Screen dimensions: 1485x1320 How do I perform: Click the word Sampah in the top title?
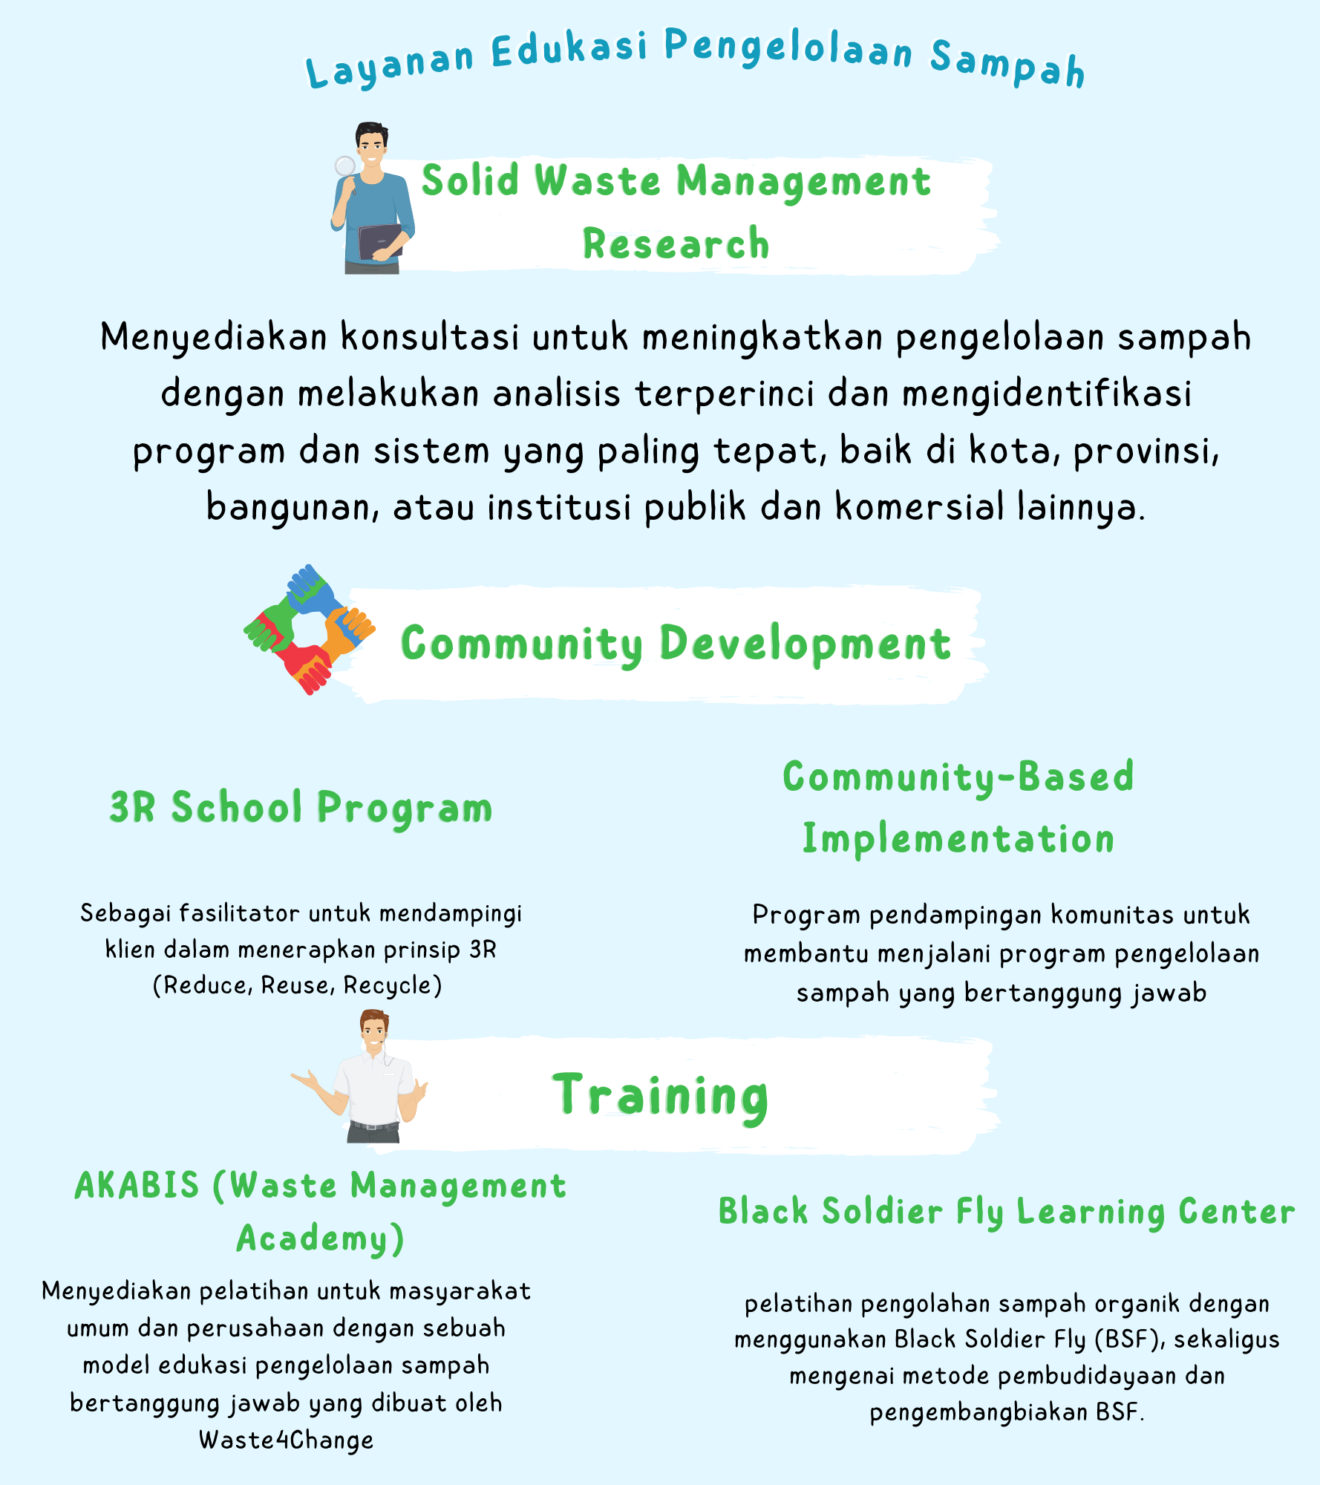point(1007,65)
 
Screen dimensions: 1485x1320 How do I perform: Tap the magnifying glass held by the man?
point(344,167)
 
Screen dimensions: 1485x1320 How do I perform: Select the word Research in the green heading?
point(676,244)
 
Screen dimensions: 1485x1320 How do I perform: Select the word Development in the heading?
point(805,644)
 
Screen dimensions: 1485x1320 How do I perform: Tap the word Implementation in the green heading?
point(958,840)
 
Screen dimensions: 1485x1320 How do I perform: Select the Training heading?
point(660,1096)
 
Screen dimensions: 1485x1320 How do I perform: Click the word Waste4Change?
point(286,1440)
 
